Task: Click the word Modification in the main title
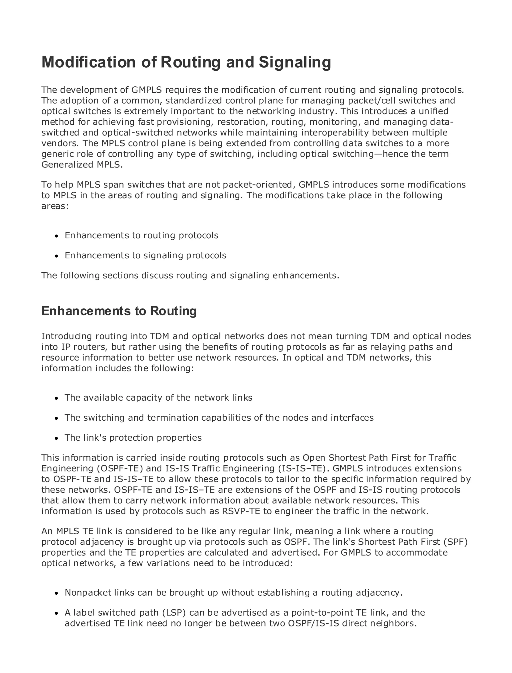pyautogui.click(x=89, y=62)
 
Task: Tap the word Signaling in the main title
pyautogui.click(x=295, y=62)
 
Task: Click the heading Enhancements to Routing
pyautogui.click(x=119, y=311)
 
